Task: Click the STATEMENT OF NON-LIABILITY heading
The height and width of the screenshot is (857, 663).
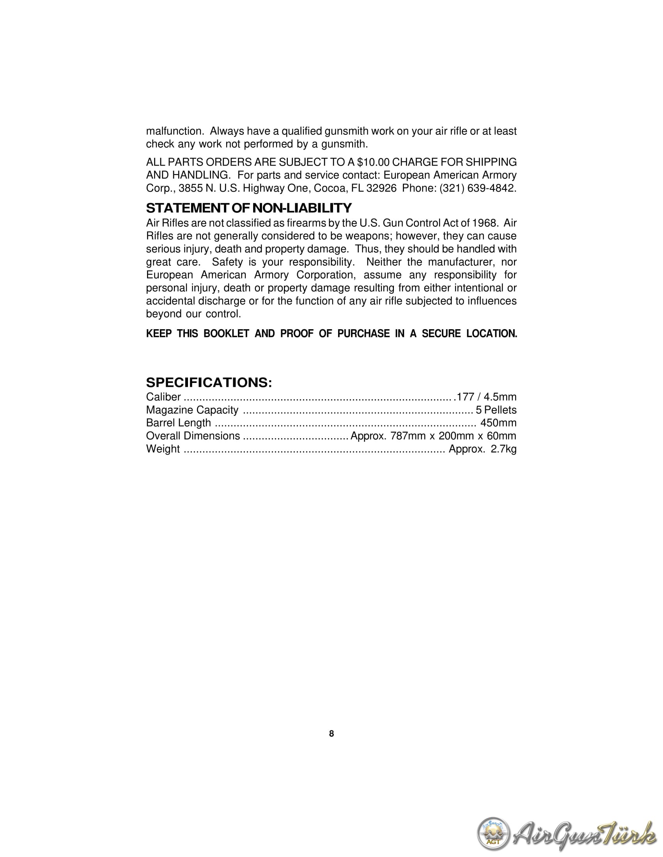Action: coord(249,208)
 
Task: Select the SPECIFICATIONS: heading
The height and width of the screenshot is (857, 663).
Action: coord(209,382)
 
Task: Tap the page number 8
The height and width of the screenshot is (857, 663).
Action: coord(331,734)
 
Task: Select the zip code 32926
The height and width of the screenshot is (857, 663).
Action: coord(381,189)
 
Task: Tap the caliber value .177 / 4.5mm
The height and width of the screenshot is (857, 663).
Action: coord(485,397)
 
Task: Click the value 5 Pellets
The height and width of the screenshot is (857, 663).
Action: coord(496,410)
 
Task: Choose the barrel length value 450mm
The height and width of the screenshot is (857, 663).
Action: coord(498,423)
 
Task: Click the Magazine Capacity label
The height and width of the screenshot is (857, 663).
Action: coord(192,410)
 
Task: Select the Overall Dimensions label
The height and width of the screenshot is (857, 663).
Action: coord(193,436)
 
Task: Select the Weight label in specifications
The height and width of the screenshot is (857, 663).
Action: coord(163,449)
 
